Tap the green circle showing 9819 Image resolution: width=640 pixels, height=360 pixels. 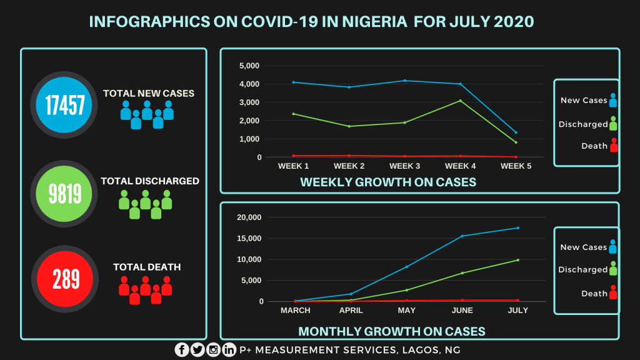coord(61,193)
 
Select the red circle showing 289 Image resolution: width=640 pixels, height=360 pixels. coord(61,279)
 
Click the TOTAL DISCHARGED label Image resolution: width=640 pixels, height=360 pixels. coord(150,181)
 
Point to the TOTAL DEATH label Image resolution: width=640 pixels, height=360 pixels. coord(147,267)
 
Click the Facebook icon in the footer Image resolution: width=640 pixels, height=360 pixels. coord(182,350)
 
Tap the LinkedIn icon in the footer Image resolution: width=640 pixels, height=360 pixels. coord(229,350)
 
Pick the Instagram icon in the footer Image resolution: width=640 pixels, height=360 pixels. coord(214,350)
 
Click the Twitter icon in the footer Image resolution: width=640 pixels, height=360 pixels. coord(197,350)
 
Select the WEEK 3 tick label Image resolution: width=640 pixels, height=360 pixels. coord(405,166)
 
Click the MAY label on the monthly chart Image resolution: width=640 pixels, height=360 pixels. coord(406,311)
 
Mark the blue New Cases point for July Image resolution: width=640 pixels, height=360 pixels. coord(518,228)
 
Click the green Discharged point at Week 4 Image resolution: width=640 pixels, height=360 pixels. coord(461,101)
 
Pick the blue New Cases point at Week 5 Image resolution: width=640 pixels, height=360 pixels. coord(516,132)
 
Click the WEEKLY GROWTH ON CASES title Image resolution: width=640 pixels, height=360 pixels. coord(388,182)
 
